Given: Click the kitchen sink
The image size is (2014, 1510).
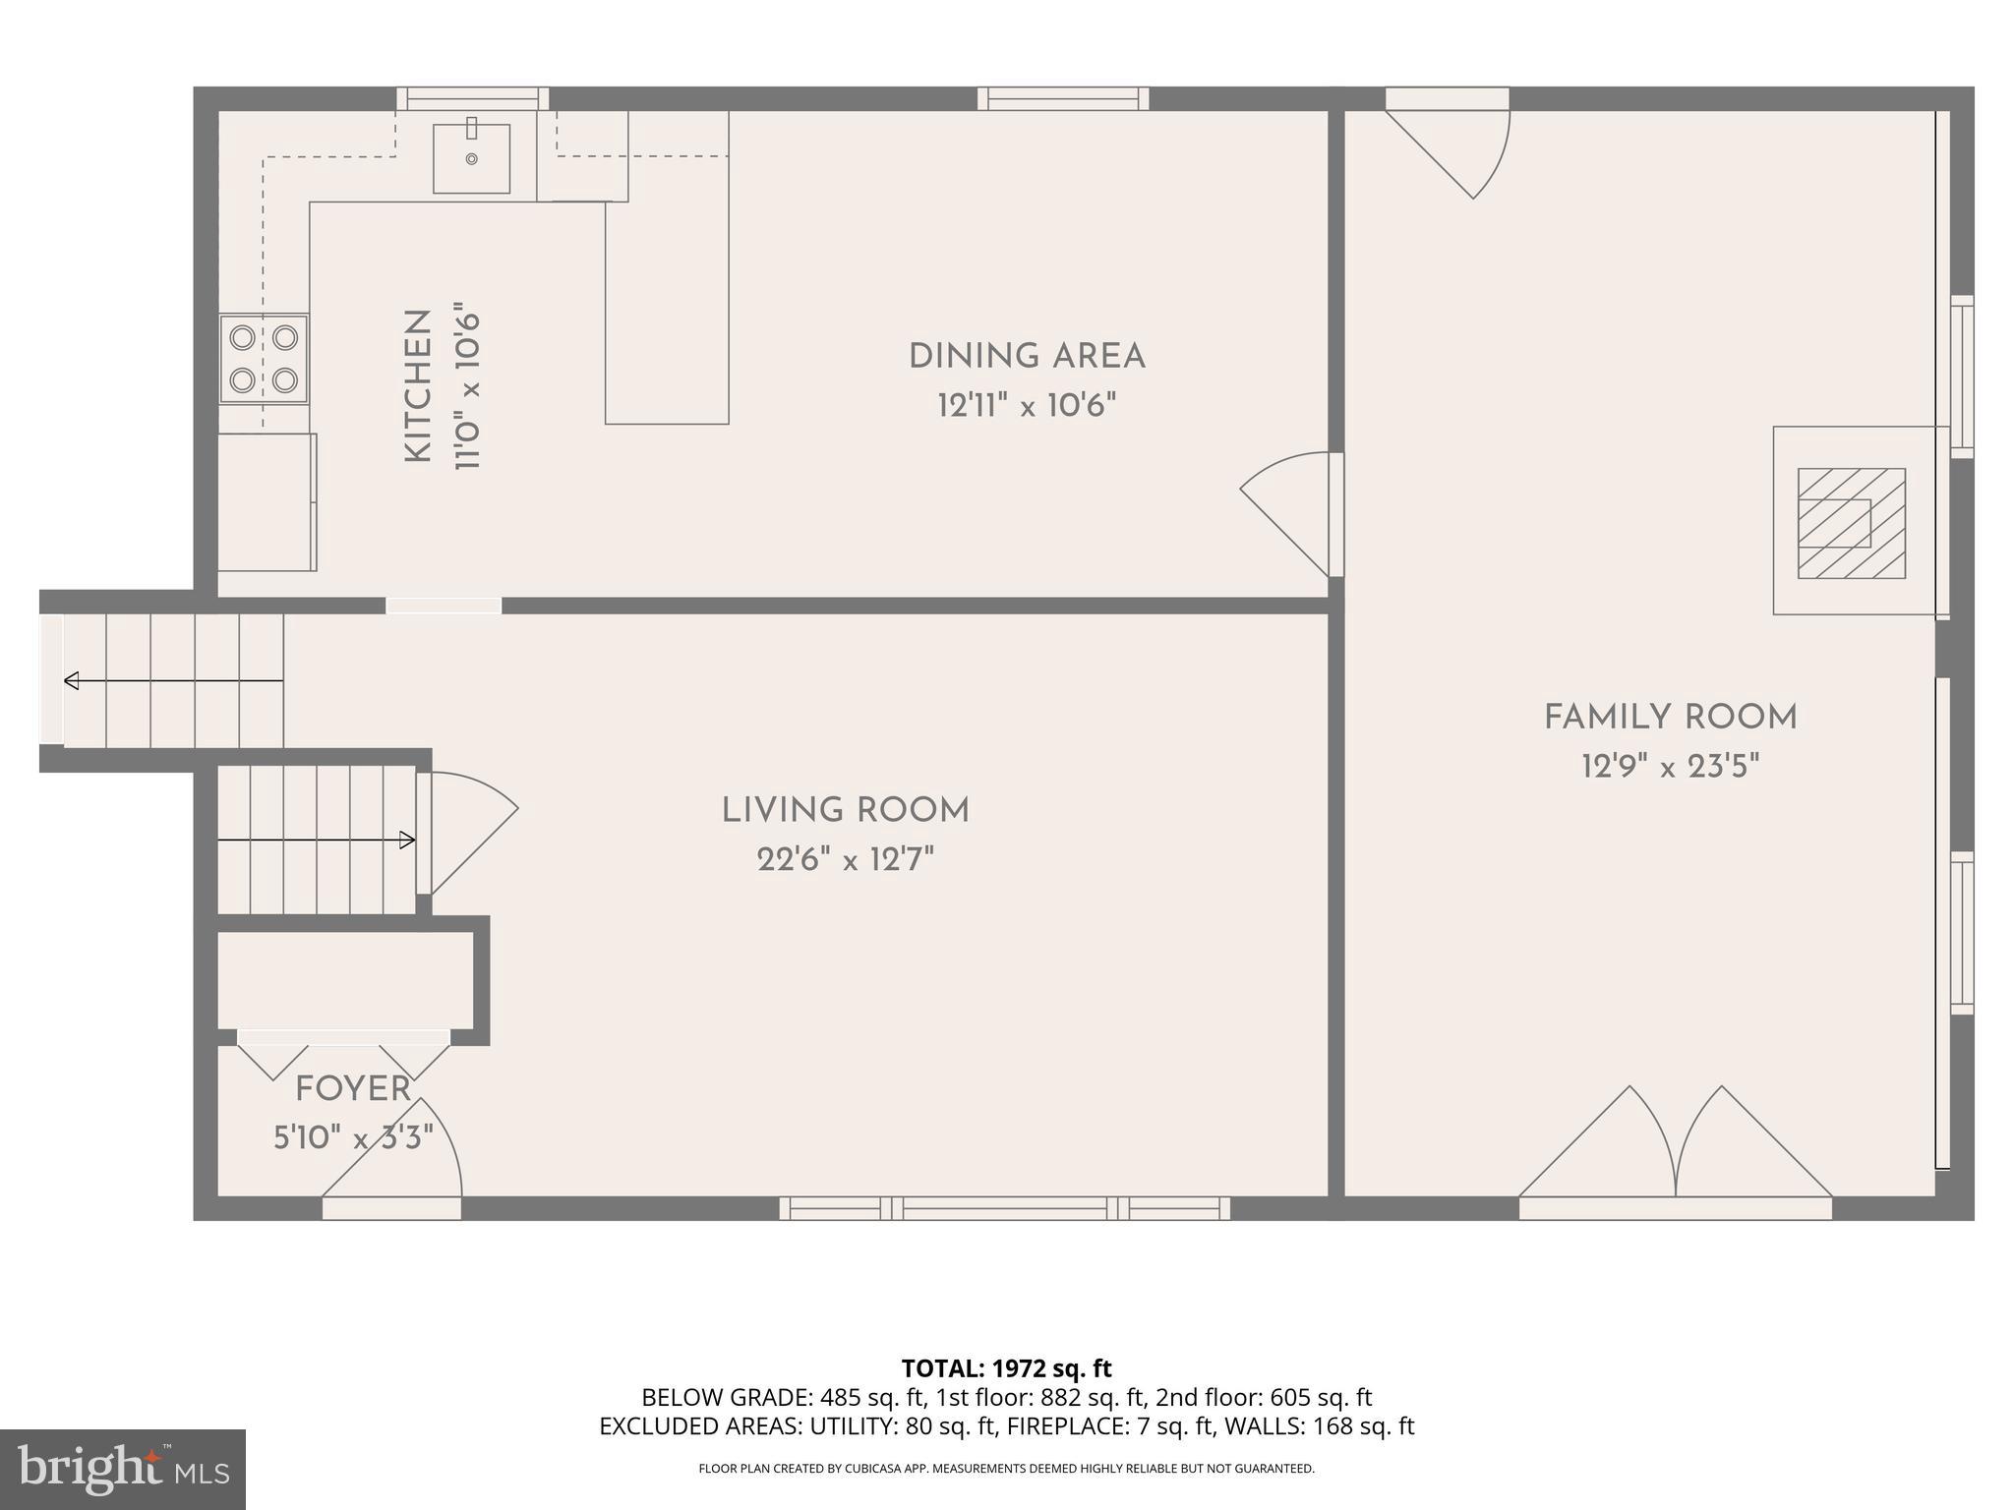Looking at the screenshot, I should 472,157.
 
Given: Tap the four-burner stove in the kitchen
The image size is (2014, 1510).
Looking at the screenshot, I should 264,359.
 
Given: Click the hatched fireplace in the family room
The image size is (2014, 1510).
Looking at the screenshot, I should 1851,523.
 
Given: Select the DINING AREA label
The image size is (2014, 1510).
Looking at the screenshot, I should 1027,356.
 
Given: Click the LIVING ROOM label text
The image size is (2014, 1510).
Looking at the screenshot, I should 846,811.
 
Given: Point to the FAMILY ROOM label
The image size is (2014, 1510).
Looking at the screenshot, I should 1670,718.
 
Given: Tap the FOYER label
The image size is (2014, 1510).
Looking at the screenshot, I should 353,1089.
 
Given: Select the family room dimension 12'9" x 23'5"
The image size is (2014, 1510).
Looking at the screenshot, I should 1670,767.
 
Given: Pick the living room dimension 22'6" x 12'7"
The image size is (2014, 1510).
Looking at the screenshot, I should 846,860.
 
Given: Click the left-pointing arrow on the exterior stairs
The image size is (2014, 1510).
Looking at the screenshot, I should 72,680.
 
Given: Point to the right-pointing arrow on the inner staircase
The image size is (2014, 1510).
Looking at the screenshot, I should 405,840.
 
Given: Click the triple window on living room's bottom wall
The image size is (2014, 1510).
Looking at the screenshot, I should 1004,1207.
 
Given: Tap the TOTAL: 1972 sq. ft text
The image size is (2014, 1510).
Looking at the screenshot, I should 1006,1367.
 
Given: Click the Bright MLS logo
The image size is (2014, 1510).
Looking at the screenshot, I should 122,1469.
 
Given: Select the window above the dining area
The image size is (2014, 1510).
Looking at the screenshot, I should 1063,98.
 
